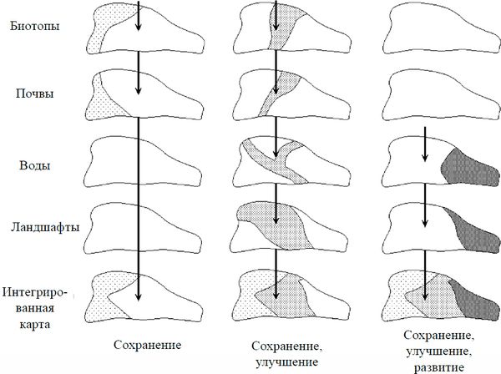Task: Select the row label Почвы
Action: (x=34, y=93)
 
